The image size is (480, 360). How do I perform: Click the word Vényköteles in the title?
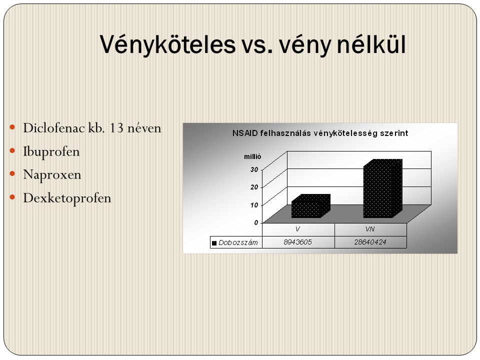point(167,44)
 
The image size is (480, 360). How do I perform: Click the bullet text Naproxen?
point(52,175)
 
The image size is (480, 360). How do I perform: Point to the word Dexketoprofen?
point(67,198)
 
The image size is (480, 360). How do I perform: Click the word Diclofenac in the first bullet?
point(54,128)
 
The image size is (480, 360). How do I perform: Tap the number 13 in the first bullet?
point(116,128)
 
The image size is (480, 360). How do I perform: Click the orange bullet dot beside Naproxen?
point(12,174)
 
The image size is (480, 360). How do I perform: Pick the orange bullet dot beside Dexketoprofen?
point(12,197)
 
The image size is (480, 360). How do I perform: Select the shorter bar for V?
point(310,206)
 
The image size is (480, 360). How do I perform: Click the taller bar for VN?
point(382,188)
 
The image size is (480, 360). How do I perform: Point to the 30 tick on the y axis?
point(254,169)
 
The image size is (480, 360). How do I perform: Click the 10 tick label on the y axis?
point(254,205)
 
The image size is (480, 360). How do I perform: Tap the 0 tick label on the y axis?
point(256,222)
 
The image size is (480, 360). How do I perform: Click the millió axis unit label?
point(252,156)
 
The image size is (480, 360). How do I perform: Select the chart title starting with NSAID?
point(320,133)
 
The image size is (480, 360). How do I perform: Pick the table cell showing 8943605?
point(298,242)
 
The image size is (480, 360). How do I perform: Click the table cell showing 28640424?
point(370,242)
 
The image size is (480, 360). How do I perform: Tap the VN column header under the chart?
point(370,229)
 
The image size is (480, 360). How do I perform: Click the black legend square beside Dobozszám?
point(214,243)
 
